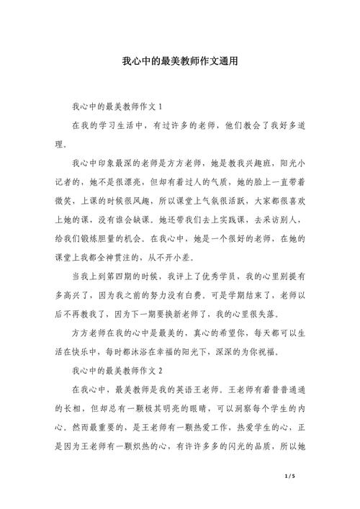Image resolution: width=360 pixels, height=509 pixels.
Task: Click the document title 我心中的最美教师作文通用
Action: point(179,63)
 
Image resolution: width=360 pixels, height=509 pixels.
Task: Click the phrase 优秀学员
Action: point(223,276)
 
